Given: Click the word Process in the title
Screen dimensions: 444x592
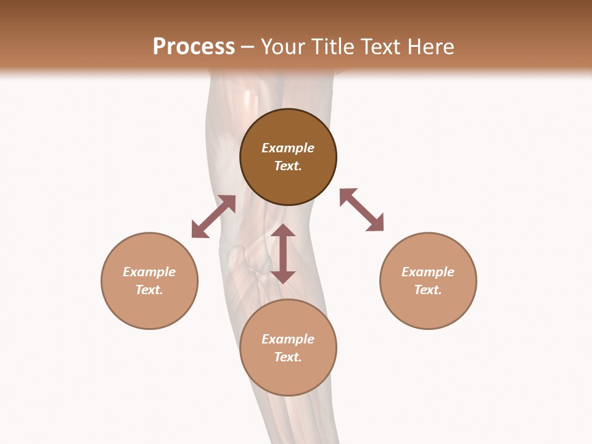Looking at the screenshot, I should tap(194, 47).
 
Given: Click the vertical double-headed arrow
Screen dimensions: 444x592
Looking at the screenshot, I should tap(283, 253).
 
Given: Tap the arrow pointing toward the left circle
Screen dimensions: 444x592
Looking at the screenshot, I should tap(213, 216).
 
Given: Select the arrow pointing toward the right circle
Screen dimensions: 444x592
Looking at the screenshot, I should tap(361, 210).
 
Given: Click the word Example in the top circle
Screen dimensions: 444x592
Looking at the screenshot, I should tap(288, 148).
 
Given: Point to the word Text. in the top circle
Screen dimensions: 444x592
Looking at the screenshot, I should tap(288, 166).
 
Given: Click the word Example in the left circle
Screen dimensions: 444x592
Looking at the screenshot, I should tap(149, 272).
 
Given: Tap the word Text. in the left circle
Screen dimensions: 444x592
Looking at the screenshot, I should tap(149, 290).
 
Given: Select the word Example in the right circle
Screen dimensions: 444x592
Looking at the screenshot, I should tap(428, 272).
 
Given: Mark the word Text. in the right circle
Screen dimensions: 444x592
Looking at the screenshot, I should tap(428, 290).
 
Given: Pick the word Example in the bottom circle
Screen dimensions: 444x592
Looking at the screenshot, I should tap(288, 339).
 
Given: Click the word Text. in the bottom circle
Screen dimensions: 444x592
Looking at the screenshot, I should tap(288, 357).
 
